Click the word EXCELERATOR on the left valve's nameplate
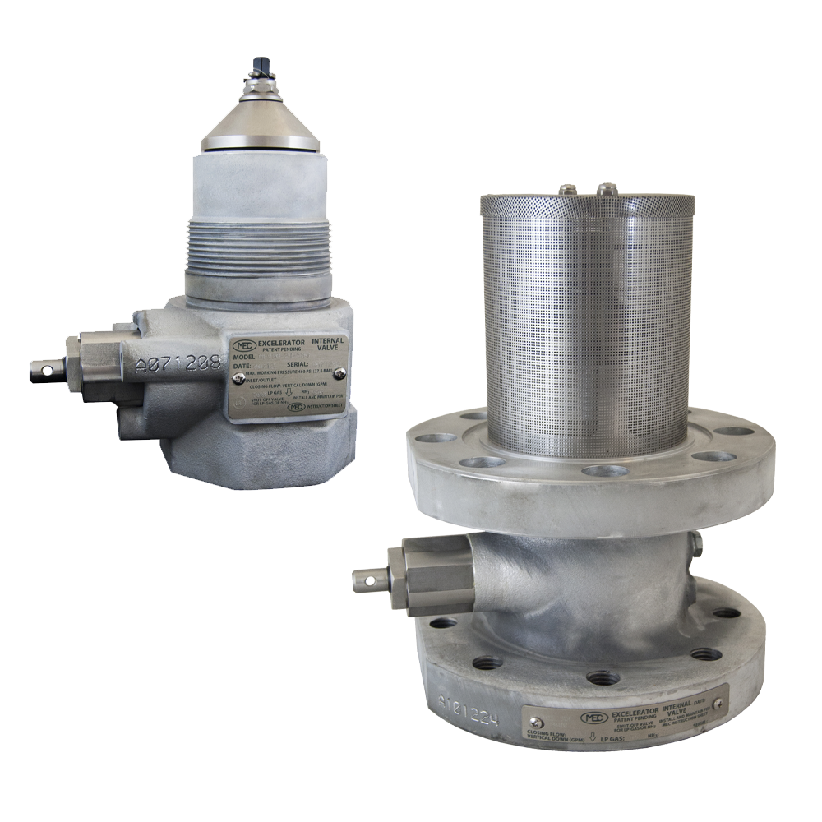point(281,341)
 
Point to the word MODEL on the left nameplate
point(247,358)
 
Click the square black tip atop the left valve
point(261,63)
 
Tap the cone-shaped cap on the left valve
point(261,123)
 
